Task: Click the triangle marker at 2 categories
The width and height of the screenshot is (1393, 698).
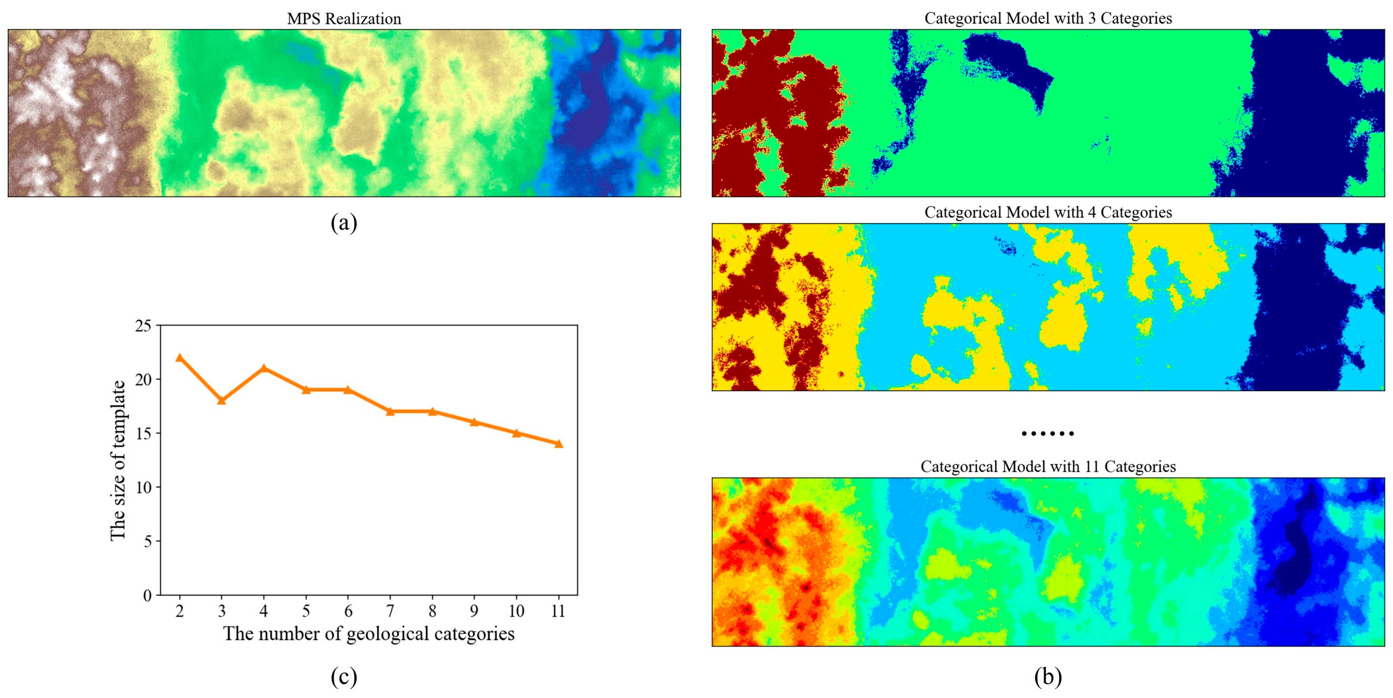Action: tap(180, 358)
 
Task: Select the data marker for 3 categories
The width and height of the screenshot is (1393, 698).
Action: tap(221, 401)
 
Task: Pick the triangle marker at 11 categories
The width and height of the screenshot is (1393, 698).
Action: tap(558, 444)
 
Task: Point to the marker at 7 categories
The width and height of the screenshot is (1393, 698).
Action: tap(390, 411)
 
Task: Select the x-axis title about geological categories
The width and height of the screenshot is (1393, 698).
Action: tap(369, 634)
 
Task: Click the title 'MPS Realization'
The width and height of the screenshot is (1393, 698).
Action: tap(344, 19)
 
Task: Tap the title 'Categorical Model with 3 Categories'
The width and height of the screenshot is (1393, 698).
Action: tap(1048, 18)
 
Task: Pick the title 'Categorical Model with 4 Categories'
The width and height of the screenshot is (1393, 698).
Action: tap(1048, 212)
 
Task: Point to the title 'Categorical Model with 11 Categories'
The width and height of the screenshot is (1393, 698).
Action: tap(1048, 466)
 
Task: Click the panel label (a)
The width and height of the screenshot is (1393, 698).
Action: tap(344, 222)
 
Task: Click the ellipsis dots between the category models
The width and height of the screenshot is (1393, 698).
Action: tap(1048, 433)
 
